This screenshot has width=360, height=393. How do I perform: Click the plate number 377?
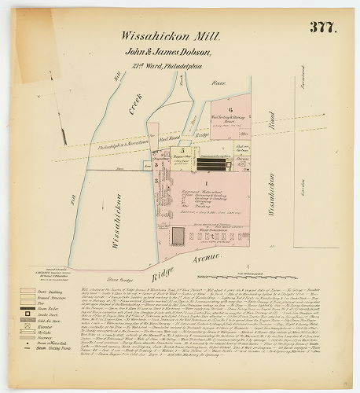click(322, 28)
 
